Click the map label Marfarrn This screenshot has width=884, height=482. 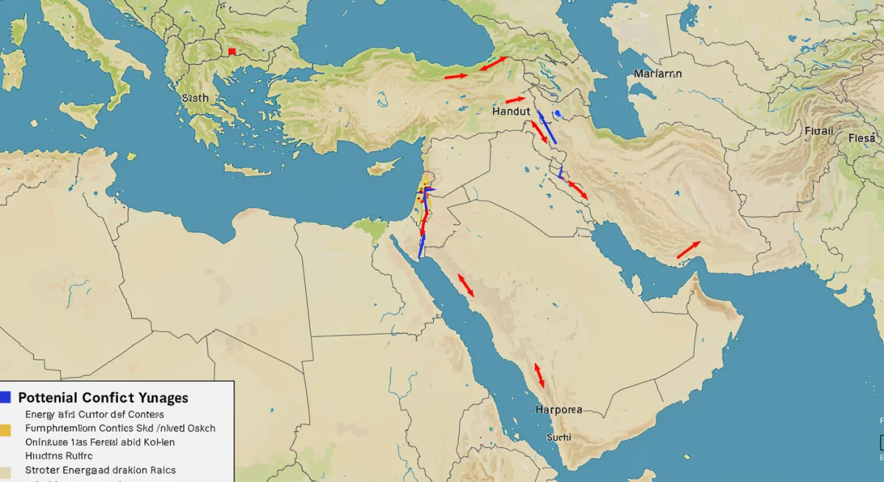pyautogui.click(x=657, y=74)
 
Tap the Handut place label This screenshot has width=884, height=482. pyautogui.click(x=511, y=112)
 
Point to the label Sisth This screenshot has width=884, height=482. pyautogui.click(x=194, y=97)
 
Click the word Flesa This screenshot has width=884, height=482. pyautogui.click(x=862, y=138)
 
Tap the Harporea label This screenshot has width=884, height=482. pyautogui.click(x=558, y=409)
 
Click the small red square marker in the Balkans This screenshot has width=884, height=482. pyautogui.click(x=232, y=52)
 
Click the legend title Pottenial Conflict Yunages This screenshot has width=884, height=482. pyautogui.click(x=102, y=398)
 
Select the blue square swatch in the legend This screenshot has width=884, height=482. pyautogui.click(x=5, y=397)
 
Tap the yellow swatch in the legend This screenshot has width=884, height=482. pyautogui.click(x=5, y=428)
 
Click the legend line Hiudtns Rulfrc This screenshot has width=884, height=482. pyautogui.click(x=54, y=455)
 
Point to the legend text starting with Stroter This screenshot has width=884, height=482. pyautogui.click(x=100, y=469)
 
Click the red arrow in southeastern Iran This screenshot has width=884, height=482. pyautogui.click(x=688, y=250)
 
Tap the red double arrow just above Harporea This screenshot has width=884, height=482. pyautogui.click(x=539, y=375)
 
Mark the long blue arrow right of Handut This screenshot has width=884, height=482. pyautogui.click(x=547, y=128)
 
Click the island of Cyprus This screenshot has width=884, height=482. pyautogui.click(x=384, y=167)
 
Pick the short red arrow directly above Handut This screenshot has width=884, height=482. pyautogui.click(x=516, y=99)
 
